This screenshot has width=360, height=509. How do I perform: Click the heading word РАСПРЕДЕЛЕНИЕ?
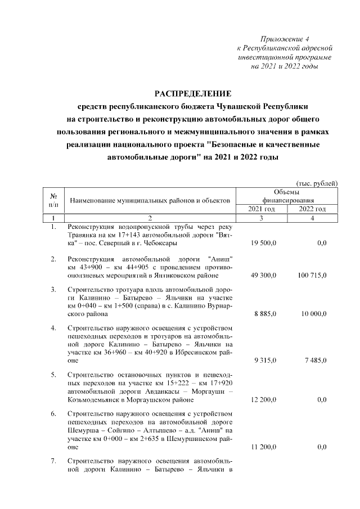pos(193,93)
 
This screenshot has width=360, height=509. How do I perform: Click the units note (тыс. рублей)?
pos(317,183)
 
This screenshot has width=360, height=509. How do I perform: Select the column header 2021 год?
pos(262,209)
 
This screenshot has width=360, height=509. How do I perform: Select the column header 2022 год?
pos(313,209)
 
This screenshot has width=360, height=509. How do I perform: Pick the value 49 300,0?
pos(262,276)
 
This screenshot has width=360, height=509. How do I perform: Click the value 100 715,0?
pos(312,276)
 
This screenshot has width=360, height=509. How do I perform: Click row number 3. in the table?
pos(53,290)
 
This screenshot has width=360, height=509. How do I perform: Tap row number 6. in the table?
pos(53,415)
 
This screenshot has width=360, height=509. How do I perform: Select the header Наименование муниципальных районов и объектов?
pos(150,200)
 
